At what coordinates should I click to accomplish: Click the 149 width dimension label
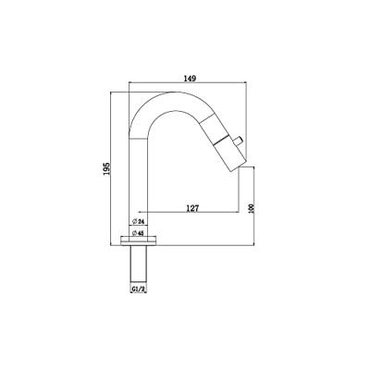tap(191, 79)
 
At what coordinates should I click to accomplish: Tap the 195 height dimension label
tap(106, 169)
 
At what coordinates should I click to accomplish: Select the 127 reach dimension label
tap(192, 208)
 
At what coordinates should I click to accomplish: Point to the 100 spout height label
tap(251, 209)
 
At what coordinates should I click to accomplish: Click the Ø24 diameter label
tap(139, 221)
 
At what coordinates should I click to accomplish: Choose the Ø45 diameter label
tap(139, 233)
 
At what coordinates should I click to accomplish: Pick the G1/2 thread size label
tap(139, 289)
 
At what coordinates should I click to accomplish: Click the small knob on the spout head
tap(239, 142)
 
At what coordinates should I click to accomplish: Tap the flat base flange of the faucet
tap(139, 240)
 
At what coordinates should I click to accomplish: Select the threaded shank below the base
tap(139, 265)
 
